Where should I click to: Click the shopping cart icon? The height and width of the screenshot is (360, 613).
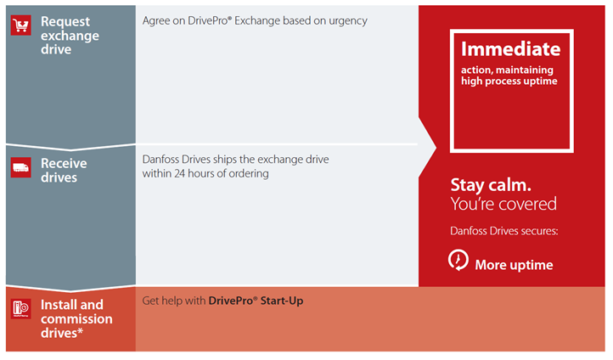20,25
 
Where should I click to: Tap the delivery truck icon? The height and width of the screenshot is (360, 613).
20,167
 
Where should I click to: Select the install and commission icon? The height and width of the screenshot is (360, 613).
20,309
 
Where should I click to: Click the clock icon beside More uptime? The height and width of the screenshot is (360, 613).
458,260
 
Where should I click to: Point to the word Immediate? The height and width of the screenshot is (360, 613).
510,49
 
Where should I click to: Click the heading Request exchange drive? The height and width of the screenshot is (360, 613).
70,35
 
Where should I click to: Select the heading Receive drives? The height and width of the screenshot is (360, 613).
64,170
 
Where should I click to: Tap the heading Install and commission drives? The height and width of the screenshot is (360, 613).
76,318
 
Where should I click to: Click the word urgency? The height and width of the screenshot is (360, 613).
348,21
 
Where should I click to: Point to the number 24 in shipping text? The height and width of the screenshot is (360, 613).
180,173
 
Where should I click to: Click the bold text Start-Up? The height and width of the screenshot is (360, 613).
282,301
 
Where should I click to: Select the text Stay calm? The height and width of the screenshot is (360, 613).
491,185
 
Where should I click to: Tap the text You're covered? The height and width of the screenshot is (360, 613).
503,204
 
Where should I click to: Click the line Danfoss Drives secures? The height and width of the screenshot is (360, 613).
504,231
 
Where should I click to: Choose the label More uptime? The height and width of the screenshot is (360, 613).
514,265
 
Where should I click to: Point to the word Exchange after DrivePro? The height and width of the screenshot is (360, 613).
257,20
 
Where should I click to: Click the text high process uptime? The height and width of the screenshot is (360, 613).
509,81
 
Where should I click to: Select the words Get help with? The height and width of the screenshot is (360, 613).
173,301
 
